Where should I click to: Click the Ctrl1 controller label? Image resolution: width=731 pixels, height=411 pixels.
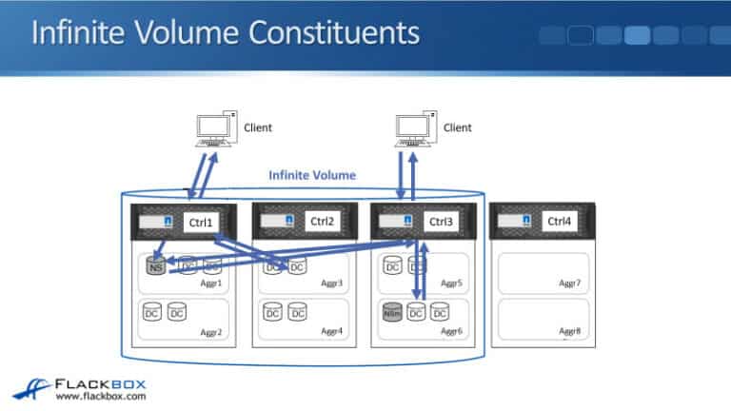click(205, 222)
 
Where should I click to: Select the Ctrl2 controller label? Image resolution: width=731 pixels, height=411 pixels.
click(323, 222)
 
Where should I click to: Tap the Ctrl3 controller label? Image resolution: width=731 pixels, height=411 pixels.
click(442, 222)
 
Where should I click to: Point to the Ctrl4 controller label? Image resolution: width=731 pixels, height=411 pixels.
click(560, 222)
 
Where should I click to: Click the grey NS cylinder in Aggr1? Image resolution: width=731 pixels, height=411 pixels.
click(156, 267)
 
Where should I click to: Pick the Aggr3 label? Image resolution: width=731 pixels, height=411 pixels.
click(331, 284)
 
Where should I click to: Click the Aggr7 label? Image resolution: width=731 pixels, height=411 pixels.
click(568, 284)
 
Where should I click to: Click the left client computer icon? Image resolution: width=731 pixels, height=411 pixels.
click(212, 131)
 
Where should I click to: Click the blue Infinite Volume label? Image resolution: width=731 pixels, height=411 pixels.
click(311, 175)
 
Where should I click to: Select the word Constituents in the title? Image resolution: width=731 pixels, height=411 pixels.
click(328, 32)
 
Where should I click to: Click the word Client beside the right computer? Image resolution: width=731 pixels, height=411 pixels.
click(458, 127)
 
